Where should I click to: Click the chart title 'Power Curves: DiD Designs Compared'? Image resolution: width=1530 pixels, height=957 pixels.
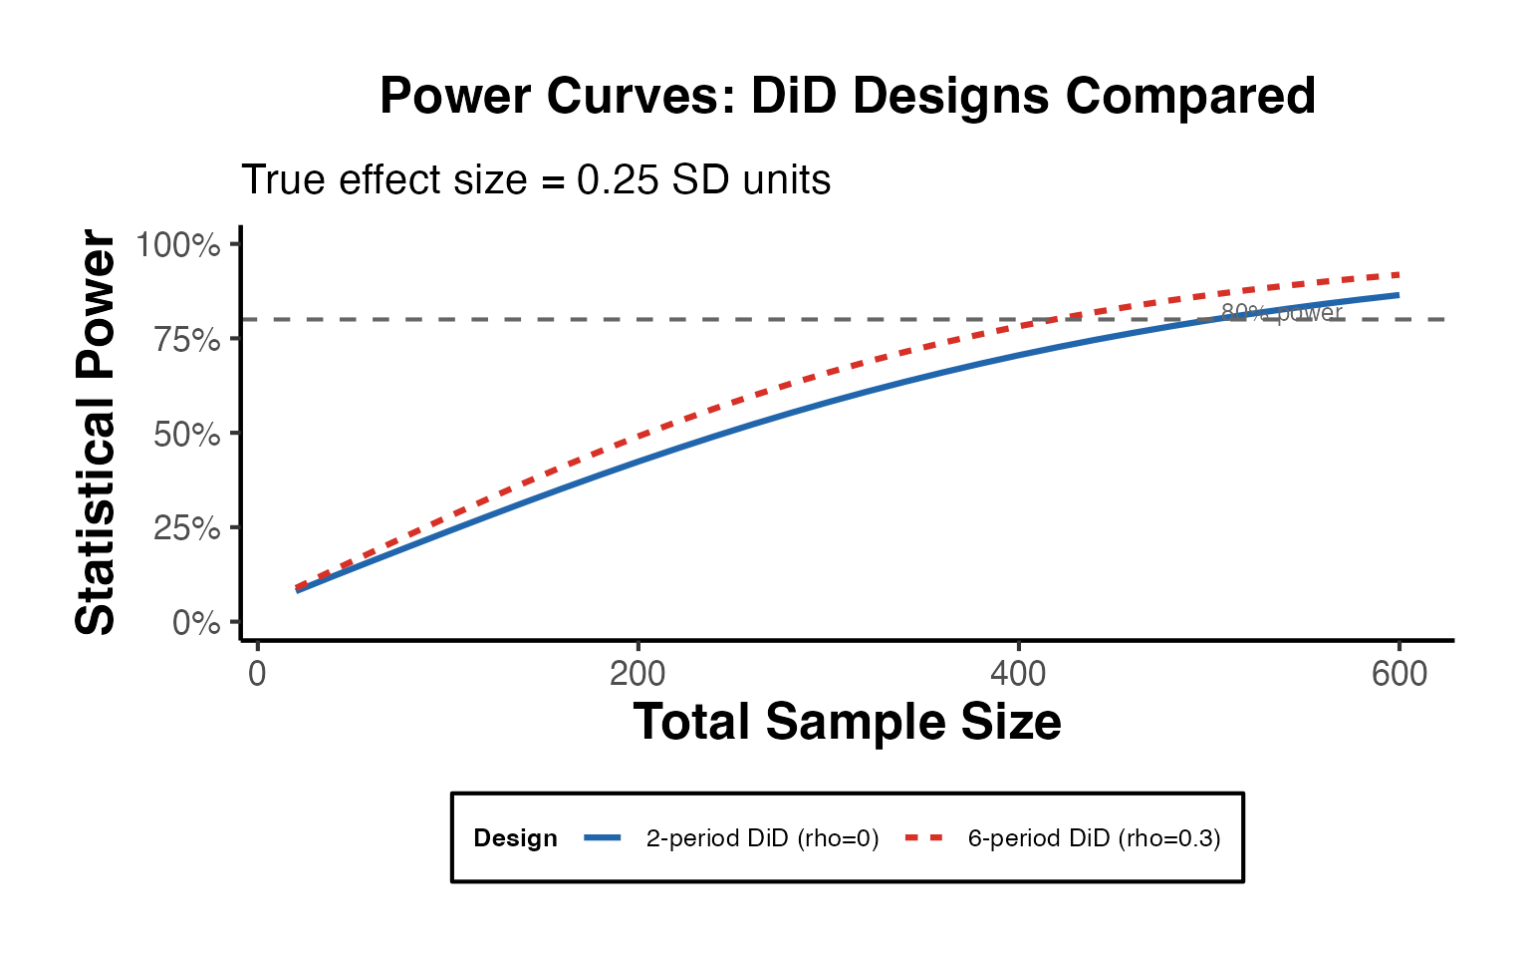tap(848, 97)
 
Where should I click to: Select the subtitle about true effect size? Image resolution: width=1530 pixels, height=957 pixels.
tap(536, 180)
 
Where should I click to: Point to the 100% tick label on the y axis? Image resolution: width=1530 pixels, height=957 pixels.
tap(178, 244)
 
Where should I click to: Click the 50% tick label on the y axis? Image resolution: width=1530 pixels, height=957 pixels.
tap(186, 434)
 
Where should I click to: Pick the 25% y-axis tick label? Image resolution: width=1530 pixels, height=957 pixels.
tap(186, 527)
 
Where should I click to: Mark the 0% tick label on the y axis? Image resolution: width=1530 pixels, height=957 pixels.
tap(196, 623)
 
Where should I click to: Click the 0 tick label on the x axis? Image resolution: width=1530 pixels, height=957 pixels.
tap(257, 674)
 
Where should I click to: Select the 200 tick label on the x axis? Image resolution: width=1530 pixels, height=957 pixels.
tap(637, 674)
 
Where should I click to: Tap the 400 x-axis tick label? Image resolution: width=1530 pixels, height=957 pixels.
tap(1018, 674)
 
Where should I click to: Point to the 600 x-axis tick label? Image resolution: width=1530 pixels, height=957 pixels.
tap(1399, 674)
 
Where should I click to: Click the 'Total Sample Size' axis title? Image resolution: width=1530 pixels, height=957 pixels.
tap(847, 722)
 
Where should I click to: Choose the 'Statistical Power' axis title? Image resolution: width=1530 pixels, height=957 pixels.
tap(97, 433)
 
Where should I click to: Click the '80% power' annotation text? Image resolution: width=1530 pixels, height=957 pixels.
tap(1282, 313)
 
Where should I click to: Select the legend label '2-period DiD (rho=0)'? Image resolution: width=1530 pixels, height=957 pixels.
tap(762, 838)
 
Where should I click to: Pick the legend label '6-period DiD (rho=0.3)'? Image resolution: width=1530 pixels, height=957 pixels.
tap(1094, 838)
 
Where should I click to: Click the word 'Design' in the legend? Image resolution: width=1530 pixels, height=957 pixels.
tap(515, 838)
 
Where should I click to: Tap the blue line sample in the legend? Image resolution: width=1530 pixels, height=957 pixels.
tap(603, 838)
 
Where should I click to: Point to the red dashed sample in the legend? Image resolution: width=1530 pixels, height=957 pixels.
tap(923, 838)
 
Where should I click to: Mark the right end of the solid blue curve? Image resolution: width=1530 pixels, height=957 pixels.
tap(1399, 295)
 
